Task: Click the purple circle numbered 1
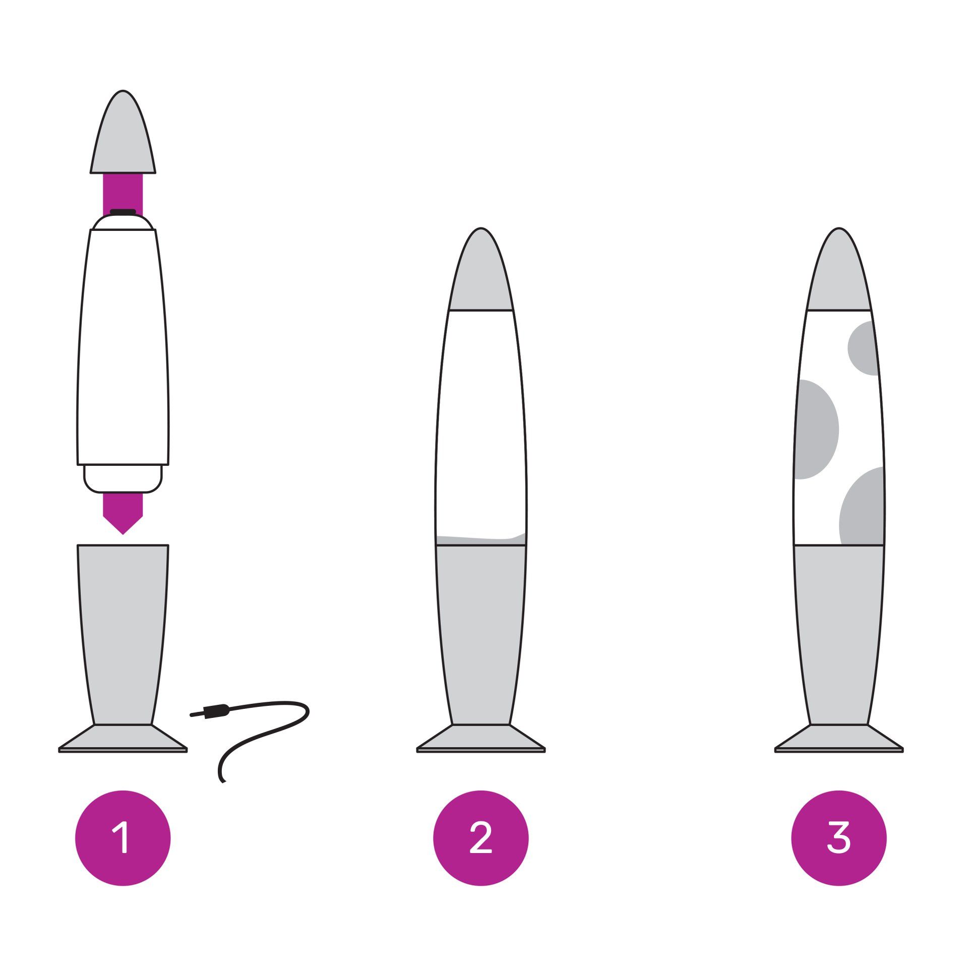click(x=123, y=838)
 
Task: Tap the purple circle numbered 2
click(x=480, y=838)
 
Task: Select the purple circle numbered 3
click(x=838, y=838)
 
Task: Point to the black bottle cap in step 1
click(x=123, y=212)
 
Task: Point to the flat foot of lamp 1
click(x=123, y=739)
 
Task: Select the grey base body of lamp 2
click(x=480, y=635)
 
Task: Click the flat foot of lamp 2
click(x=480, y=739)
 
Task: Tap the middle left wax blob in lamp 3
click(x=816, y=429)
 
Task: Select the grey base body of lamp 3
click(x=838, y=635)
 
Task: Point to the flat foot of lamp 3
click(x=838, y=739)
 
